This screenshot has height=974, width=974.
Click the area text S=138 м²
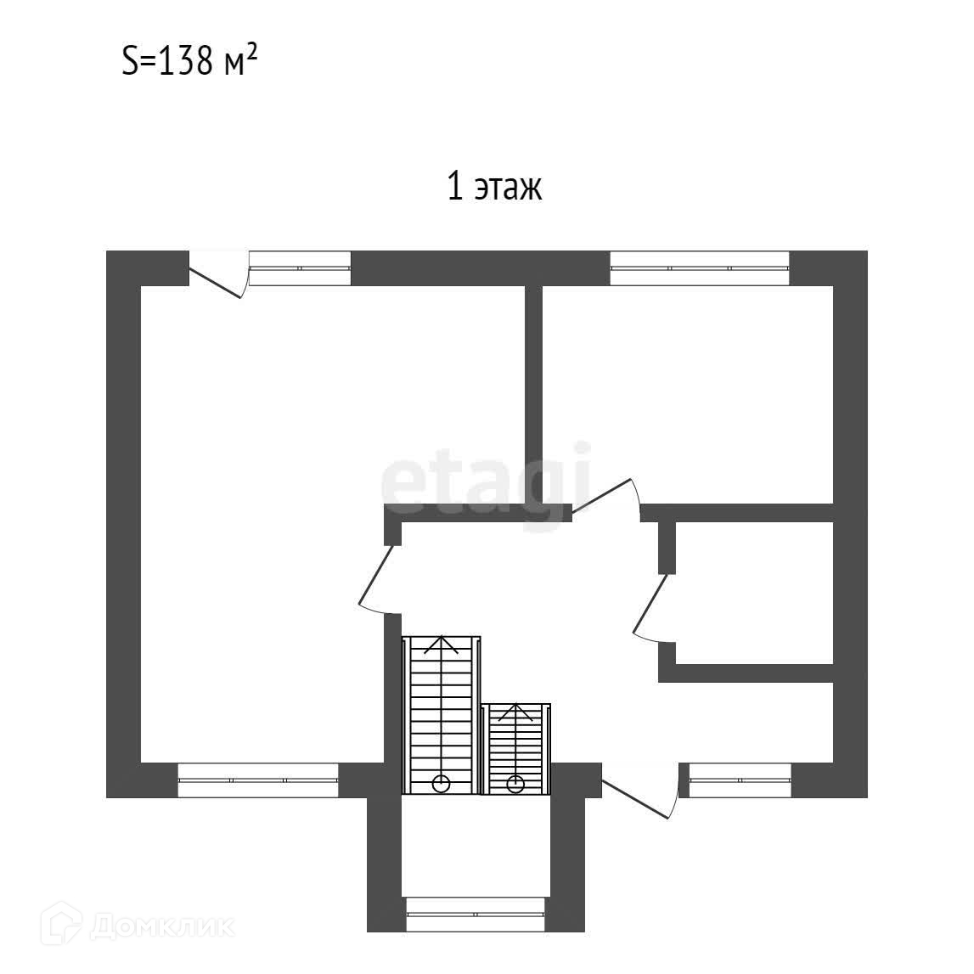(189, 61)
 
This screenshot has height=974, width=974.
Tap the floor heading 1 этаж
(494, 186)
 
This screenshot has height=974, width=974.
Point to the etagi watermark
(486, 481)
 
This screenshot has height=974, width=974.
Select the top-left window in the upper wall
(300, 268)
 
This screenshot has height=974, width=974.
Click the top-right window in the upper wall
(700, 268)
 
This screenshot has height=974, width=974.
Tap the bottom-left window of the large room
(258, 780)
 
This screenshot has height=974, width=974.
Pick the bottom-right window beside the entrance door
(740, 780)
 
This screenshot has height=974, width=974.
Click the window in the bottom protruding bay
(476, 915)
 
